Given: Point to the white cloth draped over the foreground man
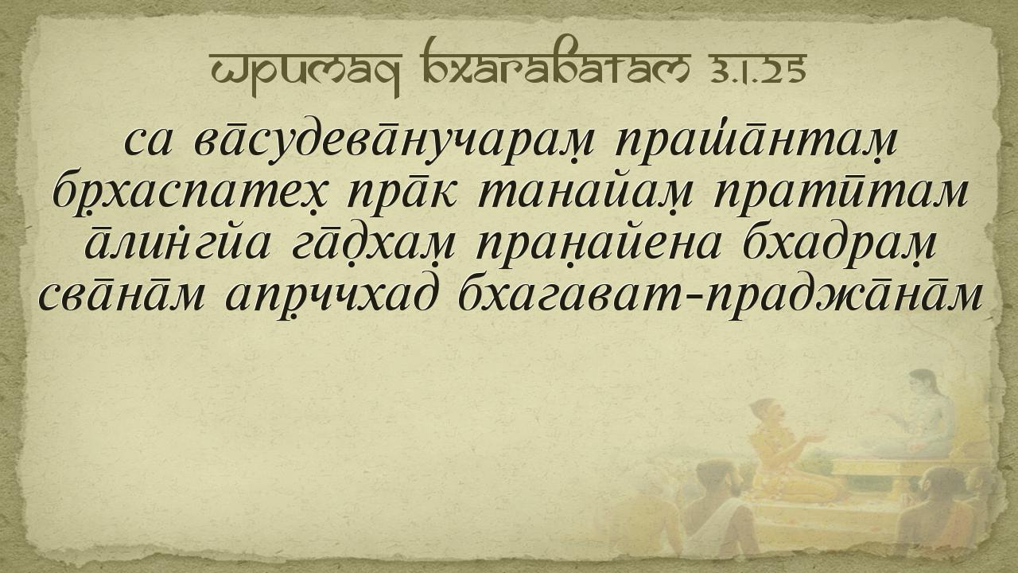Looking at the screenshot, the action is click(645, 536).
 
